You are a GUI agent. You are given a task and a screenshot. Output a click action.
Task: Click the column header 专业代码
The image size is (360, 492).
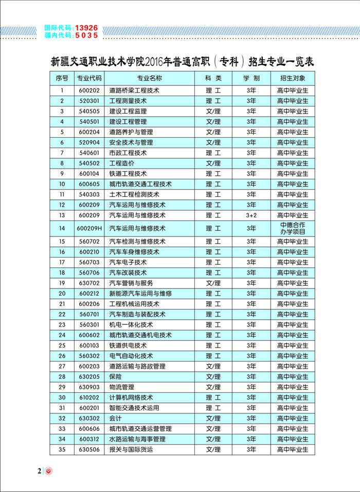[x=89, y=78]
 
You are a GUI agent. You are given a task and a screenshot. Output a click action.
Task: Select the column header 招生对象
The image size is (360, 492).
[x=293, y=78]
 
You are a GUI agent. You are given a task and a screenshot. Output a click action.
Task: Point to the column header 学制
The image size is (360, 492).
[x=251, y=78]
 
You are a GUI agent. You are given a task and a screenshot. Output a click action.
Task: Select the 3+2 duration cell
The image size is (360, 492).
[x=251, y=215]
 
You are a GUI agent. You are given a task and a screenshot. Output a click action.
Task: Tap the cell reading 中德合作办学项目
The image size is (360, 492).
[x=293, y=228]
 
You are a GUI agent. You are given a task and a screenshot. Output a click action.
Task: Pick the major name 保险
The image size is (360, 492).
[x=116, y=376]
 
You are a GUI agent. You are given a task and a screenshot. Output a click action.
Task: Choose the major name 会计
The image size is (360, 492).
[x=116, y=418]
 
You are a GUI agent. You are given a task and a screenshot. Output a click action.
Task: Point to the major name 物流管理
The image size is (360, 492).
[x=122, y=387]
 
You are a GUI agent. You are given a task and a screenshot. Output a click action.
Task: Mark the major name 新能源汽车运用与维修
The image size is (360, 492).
[x=140, y=293]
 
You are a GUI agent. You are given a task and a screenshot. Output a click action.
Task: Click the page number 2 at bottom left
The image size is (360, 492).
[x=39, y=471]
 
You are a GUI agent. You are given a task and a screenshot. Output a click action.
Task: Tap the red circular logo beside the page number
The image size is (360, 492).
[x=49, y=471]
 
